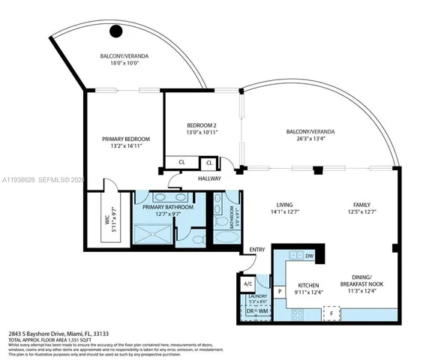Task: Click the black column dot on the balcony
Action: point(116,31)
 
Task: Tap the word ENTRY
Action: point(257,250)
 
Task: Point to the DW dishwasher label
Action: point(309,256)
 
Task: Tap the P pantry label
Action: point(280,291)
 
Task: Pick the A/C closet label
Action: point(248,284)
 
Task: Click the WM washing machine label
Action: point(263,311)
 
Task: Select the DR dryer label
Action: point(249,311)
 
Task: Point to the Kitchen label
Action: point(310,285)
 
